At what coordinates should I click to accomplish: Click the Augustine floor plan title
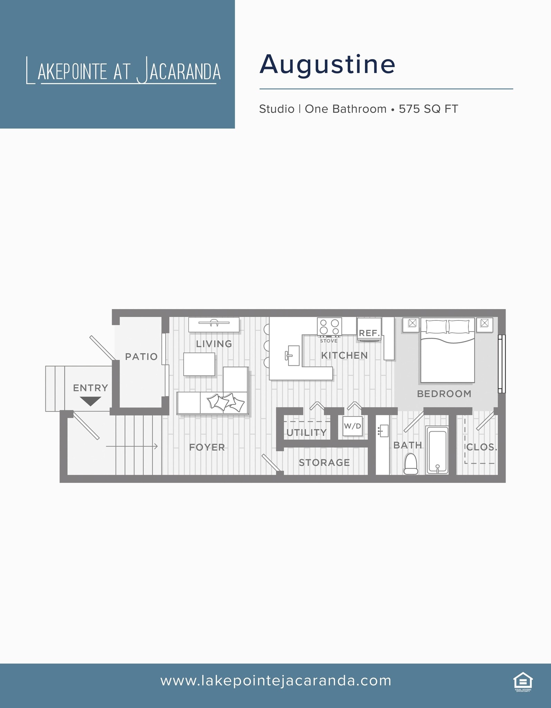(x=327, y=65)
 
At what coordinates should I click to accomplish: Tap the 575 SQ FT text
(x=428, y=109)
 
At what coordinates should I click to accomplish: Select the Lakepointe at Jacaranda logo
(x=123, y=71)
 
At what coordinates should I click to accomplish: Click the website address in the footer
(x=276, y=681)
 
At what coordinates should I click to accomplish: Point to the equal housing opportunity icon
(x=523, y=681)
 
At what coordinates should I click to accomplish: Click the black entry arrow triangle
(x=90, y=401)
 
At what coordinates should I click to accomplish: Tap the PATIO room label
(x=141, y=356)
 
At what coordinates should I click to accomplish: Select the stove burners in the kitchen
(x=329, y=327)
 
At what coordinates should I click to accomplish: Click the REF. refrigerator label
(x=369, y=333)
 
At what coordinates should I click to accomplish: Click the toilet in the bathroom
(x=411, y=464)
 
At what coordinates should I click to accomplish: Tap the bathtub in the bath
(x=438, y=450)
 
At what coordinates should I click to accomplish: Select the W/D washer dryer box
(x=352, y=426)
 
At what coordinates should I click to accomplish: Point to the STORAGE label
(x=324, y=463)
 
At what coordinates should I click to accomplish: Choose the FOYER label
(x=207, y=447)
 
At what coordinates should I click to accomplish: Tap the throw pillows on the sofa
(x=226, y=402)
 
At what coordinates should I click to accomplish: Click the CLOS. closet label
(x=481, y=447)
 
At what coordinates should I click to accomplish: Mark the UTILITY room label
(x=306, y=432)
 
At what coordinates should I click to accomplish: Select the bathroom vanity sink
(x=383, y=431)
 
